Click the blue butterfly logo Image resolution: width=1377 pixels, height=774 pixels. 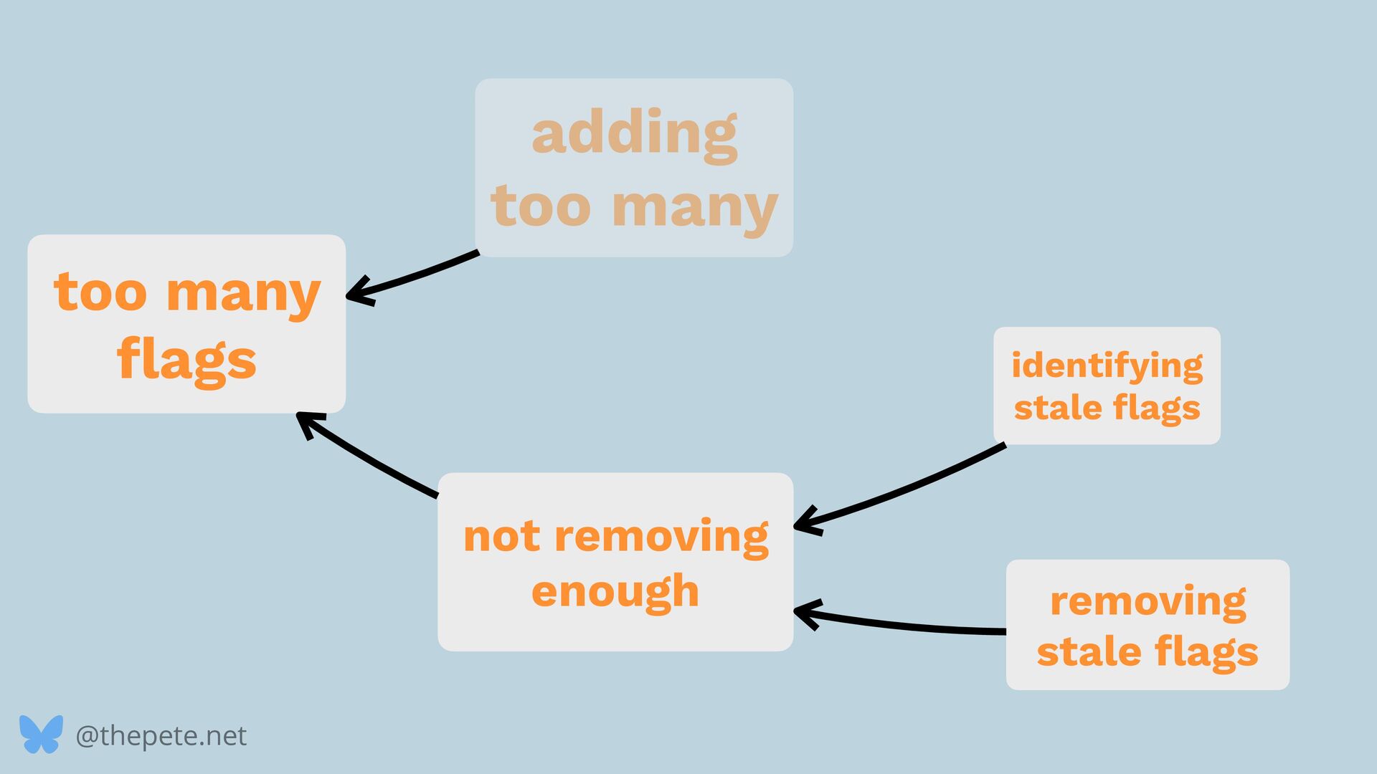(x=41, y=735)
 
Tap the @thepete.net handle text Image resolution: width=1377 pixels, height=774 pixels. (x=161, y=736)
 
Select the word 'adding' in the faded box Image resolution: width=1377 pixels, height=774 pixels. (x=634, y=134)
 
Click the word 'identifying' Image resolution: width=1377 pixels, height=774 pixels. (x=1107, y=366)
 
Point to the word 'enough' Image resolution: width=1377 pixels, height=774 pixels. (x=615, y=591)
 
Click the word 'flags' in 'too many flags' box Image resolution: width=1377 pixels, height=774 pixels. (x=186, y=360)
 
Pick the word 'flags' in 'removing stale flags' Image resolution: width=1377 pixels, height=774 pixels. (x=1206, y=652)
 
